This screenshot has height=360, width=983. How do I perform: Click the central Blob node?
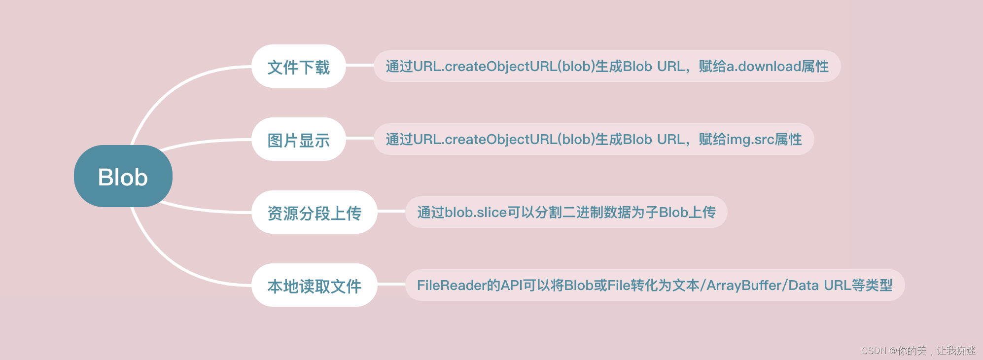click(123, 177)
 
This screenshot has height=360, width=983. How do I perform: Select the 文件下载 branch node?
click(298, 67)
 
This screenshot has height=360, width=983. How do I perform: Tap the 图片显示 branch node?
click(298, 140)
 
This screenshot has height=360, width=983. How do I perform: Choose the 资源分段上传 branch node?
click(314, 213)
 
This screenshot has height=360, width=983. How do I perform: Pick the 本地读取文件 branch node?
click(314, 286)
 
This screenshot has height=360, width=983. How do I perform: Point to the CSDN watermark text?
click(918, 351)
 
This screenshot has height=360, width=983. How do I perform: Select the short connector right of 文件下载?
click(359, 65)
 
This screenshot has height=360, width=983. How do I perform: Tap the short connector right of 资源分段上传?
click(391, 211)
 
